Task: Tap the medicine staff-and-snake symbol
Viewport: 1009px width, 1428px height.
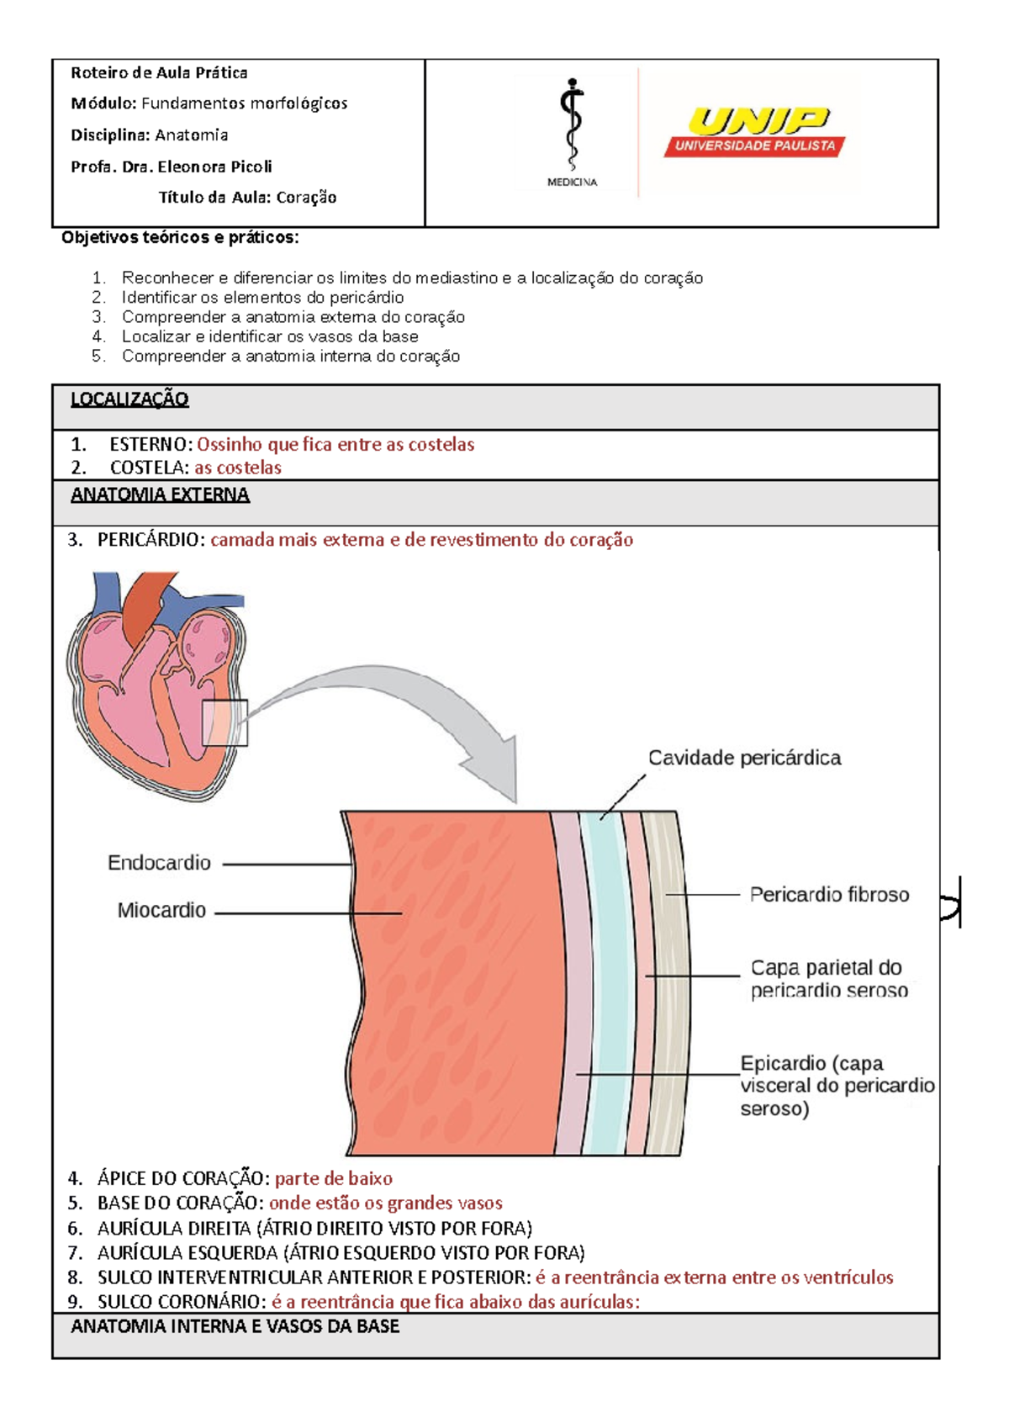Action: coord(572,125)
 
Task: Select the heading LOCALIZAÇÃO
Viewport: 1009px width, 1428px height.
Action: coord(129,399)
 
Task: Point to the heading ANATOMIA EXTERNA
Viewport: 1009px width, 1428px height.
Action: coord(160,495)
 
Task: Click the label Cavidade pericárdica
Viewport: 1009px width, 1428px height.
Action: coord(744,758)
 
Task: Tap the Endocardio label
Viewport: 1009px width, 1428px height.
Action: coord(159,863)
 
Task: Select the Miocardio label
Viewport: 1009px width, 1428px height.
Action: coord(161,910)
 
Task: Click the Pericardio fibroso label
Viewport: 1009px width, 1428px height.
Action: coord(829,895)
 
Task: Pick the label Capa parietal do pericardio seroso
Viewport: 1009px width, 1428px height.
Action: coord(828,979)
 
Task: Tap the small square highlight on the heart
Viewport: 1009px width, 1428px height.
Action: coord(225,723)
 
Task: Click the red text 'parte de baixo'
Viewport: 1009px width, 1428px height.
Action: coord(334,1178)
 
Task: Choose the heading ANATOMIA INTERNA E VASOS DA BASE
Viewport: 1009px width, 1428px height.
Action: coord(235,1327)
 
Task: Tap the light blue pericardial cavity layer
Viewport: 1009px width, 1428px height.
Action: coord(604,984)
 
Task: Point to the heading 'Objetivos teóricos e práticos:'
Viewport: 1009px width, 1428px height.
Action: coord(180,237)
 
